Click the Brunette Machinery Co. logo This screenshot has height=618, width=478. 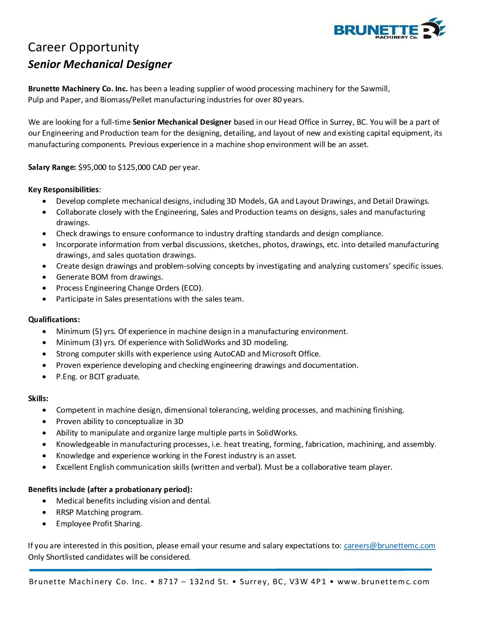[390, 29]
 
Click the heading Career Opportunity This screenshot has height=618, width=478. [83, 47]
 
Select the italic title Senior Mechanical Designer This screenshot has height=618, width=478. [100, 65]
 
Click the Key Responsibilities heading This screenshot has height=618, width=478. [64, 190]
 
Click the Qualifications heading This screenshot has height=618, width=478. [54, 320]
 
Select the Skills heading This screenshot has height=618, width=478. [38, 399]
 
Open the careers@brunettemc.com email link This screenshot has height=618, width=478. [389, 546]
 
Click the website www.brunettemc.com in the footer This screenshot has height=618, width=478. [383, 582]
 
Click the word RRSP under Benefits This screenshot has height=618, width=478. [65, 512]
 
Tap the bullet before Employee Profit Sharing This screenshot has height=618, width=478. [44, 524]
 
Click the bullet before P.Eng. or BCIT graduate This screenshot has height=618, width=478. [44, 377]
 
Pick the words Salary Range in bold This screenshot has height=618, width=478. [52, 167]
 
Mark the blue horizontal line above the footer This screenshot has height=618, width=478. [230, 570]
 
